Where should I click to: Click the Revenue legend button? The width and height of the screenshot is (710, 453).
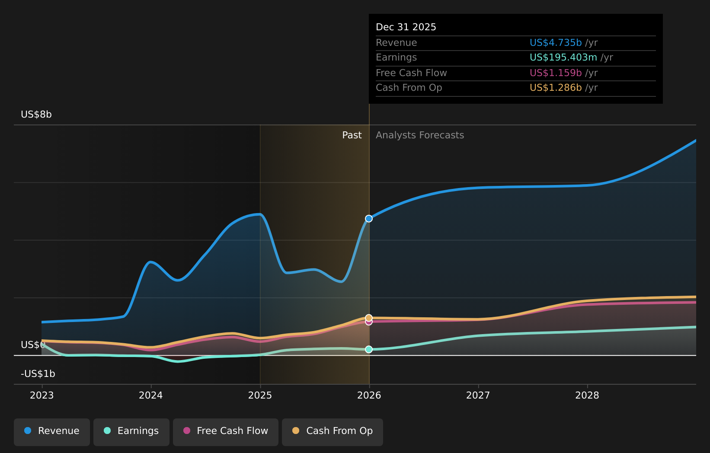[x=52, y=431]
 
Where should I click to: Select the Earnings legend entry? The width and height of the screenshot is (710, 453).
[x=131, y=431]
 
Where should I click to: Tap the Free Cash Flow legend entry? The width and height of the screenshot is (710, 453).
[x=226, y=431]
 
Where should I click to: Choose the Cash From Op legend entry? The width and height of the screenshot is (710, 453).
[x=333, y=431]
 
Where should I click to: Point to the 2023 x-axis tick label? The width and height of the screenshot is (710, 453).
[x=42, y=396]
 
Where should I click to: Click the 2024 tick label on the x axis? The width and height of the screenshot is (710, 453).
[x=150, y=396]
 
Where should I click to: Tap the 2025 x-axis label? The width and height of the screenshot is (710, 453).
[x=260, y=396]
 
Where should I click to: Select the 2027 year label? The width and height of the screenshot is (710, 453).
[x=478, y=396]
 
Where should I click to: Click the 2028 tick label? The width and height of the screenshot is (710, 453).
[x=587, y=396]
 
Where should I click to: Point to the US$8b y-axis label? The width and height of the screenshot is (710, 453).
[x=36, y=115]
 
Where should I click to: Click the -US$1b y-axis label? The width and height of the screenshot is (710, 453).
[x=38, y=374]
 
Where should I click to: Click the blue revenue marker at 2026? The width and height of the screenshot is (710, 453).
[x=369, y=219]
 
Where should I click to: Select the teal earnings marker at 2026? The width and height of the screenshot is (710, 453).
[x=369, y=349]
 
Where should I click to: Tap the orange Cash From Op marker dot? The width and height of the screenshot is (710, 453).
[x=369, y=318]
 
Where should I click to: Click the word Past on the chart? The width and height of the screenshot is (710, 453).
[x=352, y=135]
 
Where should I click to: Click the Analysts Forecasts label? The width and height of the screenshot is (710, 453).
[x=419, y=135]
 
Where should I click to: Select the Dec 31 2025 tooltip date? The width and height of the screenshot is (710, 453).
[x=406, y=27]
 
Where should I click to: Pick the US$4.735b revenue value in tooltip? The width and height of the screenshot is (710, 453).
[x=556, y=43]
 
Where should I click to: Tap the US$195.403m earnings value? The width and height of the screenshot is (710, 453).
[x=563, y=57]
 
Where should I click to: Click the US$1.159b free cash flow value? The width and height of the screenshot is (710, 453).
[x=556, y=73]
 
